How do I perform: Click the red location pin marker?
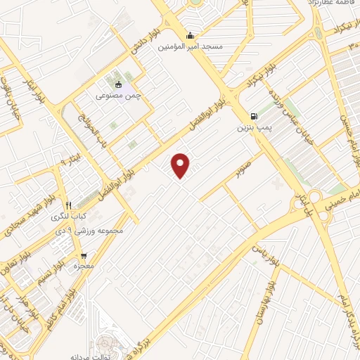181,166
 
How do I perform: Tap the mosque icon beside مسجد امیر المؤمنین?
188,36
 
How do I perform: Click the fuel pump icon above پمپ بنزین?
253,117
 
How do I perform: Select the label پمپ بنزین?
252,128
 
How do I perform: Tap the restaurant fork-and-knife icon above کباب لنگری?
68,205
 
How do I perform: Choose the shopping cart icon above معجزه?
84,255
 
